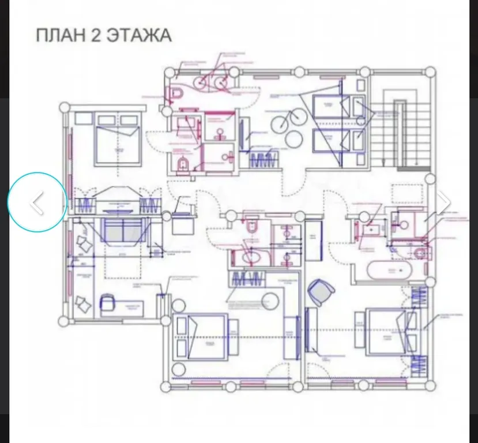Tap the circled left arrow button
37,202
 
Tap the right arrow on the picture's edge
443,202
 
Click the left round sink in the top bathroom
204,83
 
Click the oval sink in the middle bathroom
249,258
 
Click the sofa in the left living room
119,231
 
